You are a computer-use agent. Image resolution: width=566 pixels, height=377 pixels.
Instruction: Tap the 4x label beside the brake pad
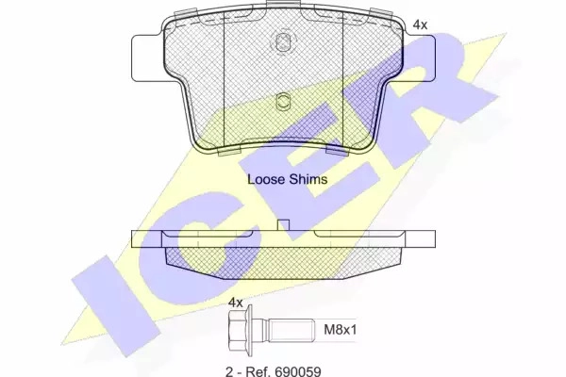point(420,25)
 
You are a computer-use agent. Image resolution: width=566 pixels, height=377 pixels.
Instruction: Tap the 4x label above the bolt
point(236,303)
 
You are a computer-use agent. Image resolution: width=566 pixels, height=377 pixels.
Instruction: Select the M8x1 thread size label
point(340,329)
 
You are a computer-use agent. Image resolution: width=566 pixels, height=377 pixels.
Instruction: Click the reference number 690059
point(298,371)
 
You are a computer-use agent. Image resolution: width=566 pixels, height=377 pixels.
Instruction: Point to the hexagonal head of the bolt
point(240,330)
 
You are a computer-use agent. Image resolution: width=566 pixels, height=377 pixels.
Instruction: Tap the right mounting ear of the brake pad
point(419,58)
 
